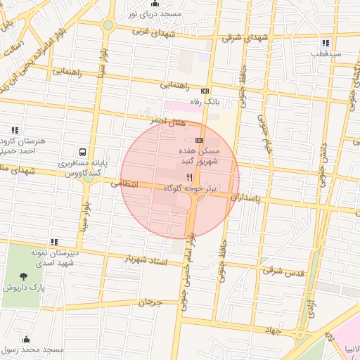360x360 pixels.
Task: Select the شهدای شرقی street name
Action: point(245,37)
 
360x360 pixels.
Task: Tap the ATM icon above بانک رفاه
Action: point(205,91)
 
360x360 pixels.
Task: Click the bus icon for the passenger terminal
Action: point(83,152)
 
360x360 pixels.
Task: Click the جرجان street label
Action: point(150,302)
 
